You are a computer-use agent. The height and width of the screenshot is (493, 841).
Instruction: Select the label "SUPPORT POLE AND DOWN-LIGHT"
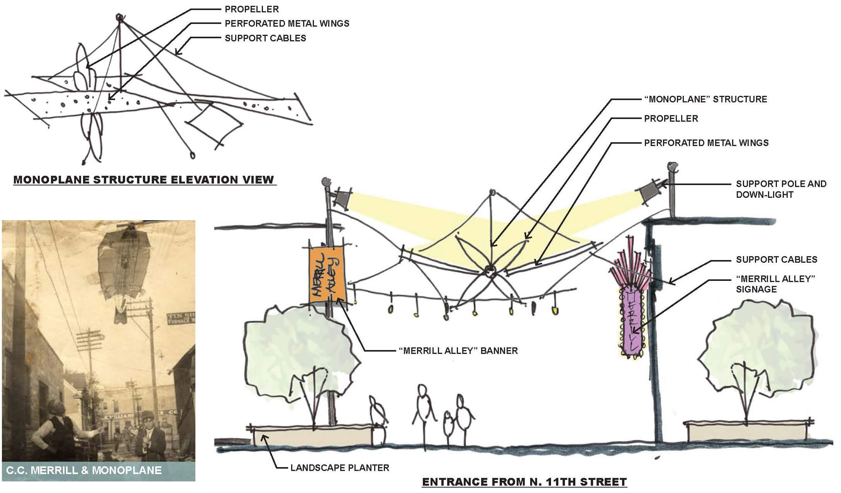tap(781, 189)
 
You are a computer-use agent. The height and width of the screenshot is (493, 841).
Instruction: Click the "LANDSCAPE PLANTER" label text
tap(339, 468)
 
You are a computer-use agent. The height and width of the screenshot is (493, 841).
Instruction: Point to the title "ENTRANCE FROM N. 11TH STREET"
tap(524, 482)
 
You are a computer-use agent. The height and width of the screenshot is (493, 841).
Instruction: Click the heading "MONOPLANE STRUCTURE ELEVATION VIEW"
tap(144, 180)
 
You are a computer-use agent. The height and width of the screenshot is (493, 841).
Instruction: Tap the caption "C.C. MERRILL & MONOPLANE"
tap(84, 470)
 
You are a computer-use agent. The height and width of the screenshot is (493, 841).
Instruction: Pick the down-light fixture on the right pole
tap(649, 192)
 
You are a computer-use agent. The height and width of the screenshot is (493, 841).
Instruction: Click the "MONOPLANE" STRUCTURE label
tap(705, 99)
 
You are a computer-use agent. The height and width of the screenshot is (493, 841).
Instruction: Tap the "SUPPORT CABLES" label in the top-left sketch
tap(265, 38)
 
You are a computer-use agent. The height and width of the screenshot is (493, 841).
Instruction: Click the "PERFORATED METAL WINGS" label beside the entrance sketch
tap(706, 143)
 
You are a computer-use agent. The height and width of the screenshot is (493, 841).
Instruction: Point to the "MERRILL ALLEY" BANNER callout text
tap(458, 351)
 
